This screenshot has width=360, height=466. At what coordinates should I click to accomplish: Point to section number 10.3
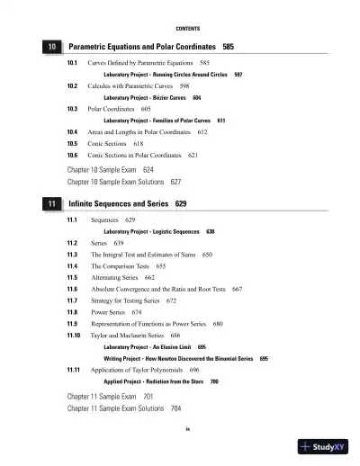pos(73,108)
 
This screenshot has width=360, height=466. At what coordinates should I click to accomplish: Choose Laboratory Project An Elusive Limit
pos(149,346)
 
